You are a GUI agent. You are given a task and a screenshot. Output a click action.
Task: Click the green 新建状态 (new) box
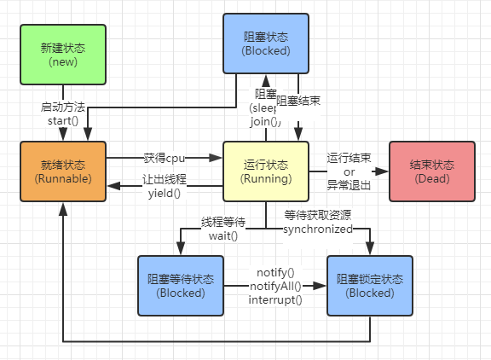pos(62,55)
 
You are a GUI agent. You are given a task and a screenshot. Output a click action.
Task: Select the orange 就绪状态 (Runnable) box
pos(62,171)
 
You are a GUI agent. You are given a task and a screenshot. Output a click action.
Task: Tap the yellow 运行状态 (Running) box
pos(265,171)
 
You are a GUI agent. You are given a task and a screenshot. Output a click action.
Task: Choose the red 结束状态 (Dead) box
pos(430,171)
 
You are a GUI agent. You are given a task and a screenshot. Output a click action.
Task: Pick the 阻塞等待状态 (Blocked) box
pos(180,286)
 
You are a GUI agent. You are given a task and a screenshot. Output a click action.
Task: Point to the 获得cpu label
pos(165,158)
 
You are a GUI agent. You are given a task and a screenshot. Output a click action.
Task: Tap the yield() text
pos(165,194)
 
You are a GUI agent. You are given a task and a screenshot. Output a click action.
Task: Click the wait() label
pos(223,235)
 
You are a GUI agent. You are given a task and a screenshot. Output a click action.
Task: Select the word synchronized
pos(318,229)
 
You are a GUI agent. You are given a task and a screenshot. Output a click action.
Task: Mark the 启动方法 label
pos(62,107)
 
